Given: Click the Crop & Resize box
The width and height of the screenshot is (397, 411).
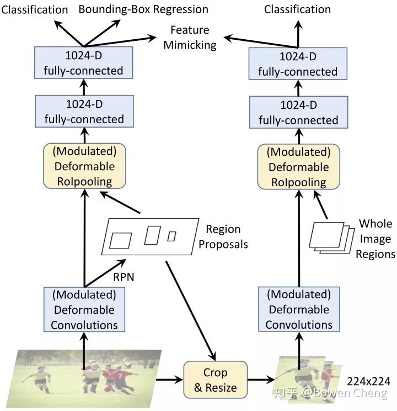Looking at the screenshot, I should (215, 380).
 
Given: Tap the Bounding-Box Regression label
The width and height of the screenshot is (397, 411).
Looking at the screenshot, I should (143, 9).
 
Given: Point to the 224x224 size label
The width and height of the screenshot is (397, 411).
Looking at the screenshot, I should (369, 382).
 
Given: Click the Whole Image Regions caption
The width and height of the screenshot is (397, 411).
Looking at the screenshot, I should (375, 239).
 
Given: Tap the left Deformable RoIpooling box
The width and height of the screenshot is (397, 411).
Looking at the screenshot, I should (84, 166).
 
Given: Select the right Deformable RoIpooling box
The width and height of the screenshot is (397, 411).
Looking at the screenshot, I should (298, 167).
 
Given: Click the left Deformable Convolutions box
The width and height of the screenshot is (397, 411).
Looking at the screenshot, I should (84, 309).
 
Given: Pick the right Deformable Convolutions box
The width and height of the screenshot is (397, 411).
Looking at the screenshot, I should (298, 309).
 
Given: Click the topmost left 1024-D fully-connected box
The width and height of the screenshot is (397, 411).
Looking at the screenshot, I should (84, 64).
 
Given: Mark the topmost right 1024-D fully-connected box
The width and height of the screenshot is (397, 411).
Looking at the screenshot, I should (298, 64).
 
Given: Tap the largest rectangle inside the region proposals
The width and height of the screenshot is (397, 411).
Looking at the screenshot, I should (121, 240).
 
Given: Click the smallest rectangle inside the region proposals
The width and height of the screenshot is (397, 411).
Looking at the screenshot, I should (171, 236).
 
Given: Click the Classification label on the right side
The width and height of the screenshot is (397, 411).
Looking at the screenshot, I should (298, 9).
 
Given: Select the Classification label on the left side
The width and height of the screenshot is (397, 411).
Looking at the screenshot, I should (34, 9).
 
